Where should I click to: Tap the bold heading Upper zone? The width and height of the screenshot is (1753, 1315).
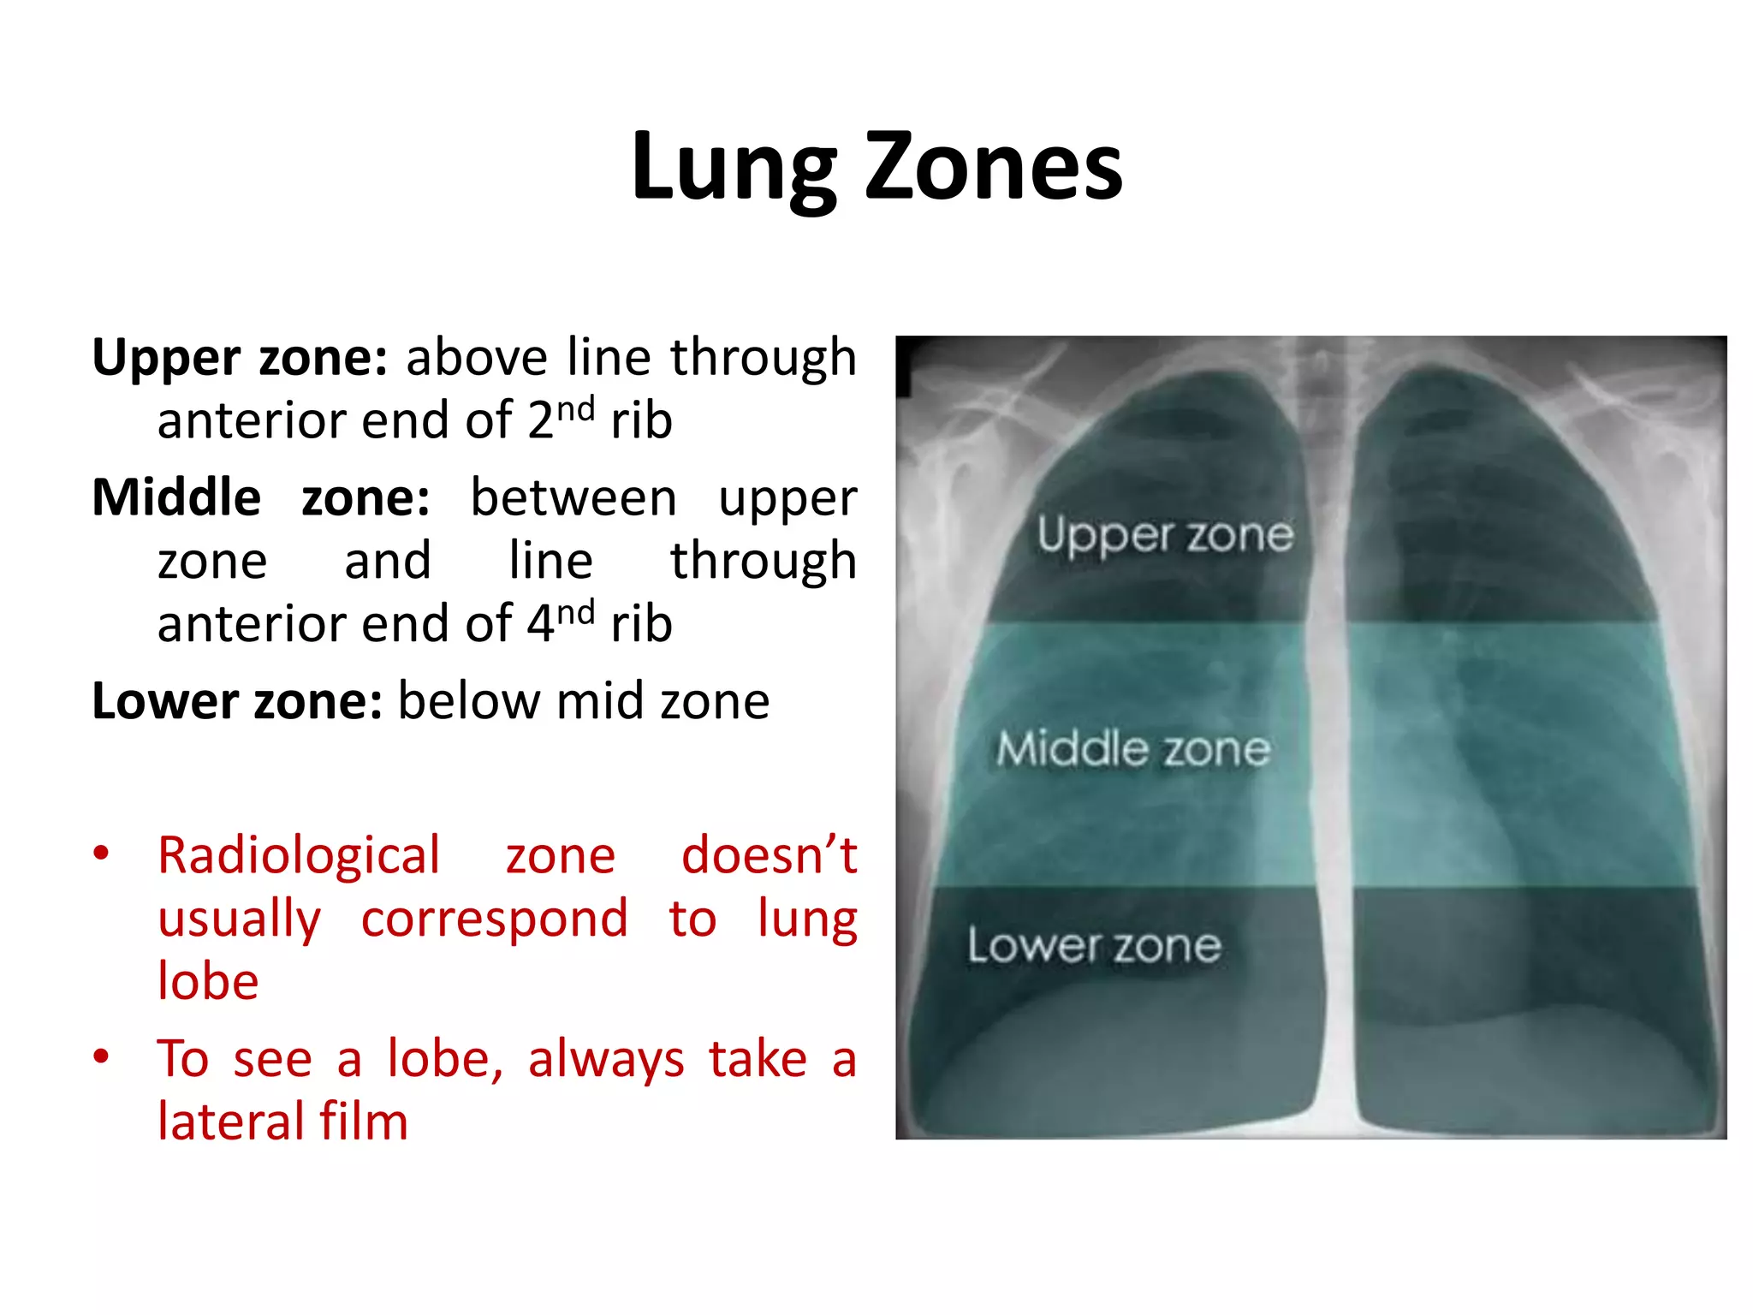click(x=241, y=358)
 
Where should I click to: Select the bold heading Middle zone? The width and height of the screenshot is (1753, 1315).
click(x=261, y=498)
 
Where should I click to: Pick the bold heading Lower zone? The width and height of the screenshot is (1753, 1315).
click(x=237, y=702)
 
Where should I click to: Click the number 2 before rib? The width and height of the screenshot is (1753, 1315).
click(x=540, y=421)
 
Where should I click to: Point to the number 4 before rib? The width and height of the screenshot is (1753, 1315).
click(x=540, y=624)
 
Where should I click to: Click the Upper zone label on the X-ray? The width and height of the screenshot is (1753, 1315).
click(x=1165, y=536)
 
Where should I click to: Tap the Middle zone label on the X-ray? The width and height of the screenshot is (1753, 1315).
click(x=1133, y=749)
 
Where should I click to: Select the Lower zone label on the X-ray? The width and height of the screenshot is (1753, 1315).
click(x=1094, y=946)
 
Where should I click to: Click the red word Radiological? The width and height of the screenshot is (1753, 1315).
click(x=299, y=856)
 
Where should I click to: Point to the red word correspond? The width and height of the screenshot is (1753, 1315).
click(x=494, y=919)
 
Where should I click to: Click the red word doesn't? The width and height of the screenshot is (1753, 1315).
click(x=769, y=856)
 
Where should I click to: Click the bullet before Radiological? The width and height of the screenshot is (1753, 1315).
click(x=102, y=854)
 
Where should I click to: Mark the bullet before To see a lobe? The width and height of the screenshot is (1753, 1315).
click(x=102, y=1057)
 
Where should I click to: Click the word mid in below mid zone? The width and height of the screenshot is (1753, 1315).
click(x=600, y=702)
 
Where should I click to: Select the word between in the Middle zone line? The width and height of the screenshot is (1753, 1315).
click(x=573, y=498)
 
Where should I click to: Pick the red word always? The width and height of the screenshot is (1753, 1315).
click(x=606, y=1060)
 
